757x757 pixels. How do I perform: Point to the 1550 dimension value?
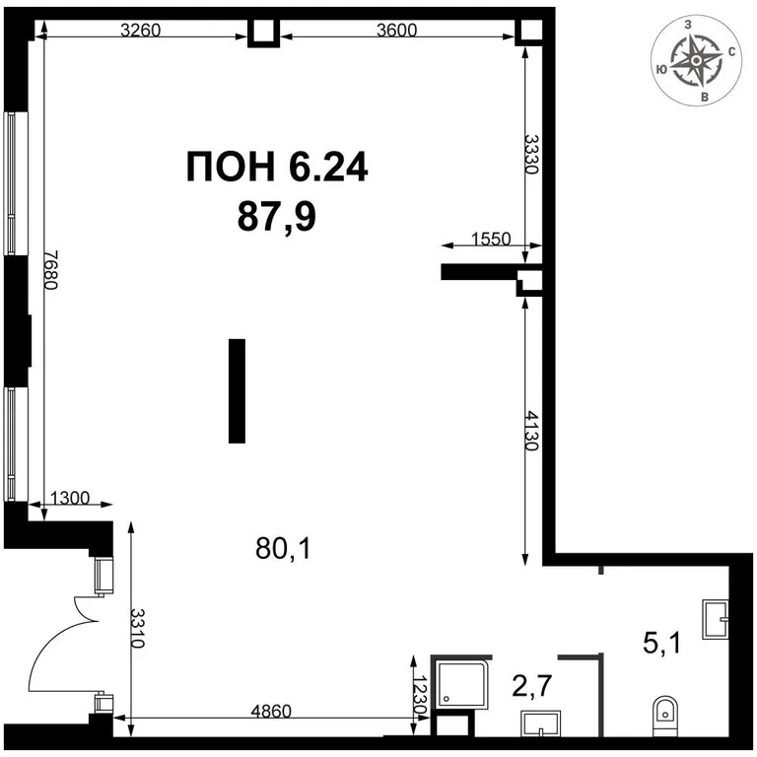tap(491, 238)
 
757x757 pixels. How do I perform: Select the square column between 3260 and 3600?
tap(263, 33)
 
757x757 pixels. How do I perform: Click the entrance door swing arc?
tap(54, 651)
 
